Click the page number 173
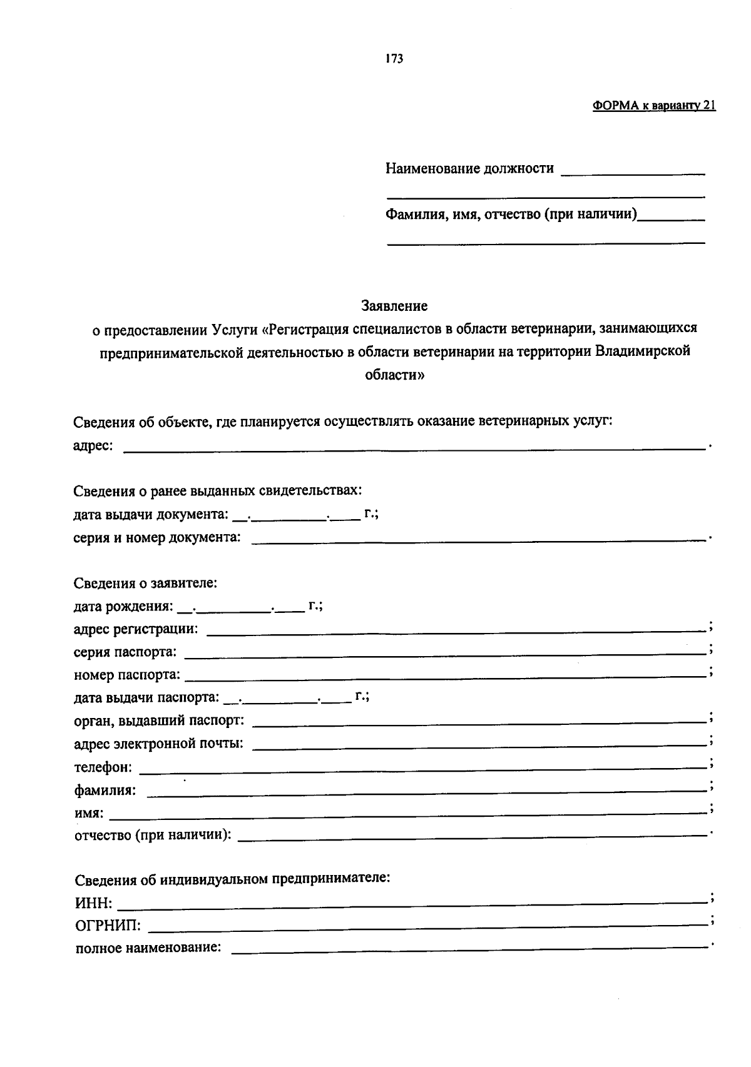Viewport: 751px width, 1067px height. coord(394,59)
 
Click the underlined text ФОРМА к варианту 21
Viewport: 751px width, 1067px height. coord(653,106)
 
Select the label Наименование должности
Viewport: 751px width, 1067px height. coord(469,168)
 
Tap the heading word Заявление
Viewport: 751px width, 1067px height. coord(394,306)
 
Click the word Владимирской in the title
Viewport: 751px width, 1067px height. coord(643,351)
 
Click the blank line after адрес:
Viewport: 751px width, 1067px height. coord(413,447)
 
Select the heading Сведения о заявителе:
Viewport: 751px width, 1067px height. coord(145,584)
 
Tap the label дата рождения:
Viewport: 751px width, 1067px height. coord(123,606)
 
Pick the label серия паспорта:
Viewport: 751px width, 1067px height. coord(125,652)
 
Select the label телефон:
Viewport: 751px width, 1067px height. coord(103,767)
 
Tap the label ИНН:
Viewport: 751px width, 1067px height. coord(94,903)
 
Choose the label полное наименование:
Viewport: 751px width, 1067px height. coord(148,948)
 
